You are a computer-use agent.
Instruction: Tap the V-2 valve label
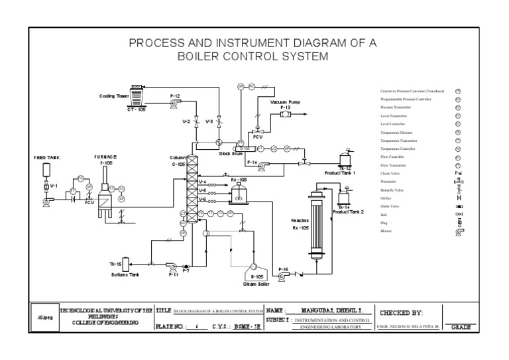187,122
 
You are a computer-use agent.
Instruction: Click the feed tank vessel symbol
46,169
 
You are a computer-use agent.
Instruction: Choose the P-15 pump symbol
283,276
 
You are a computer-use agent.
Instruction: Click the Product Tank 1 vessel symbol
344,159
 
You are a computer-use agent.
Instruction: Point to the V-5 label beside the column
202,190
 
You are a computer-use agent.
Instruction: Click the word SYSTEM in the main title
303,56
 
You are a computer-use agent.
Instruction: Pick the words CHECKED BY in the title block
400,312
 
